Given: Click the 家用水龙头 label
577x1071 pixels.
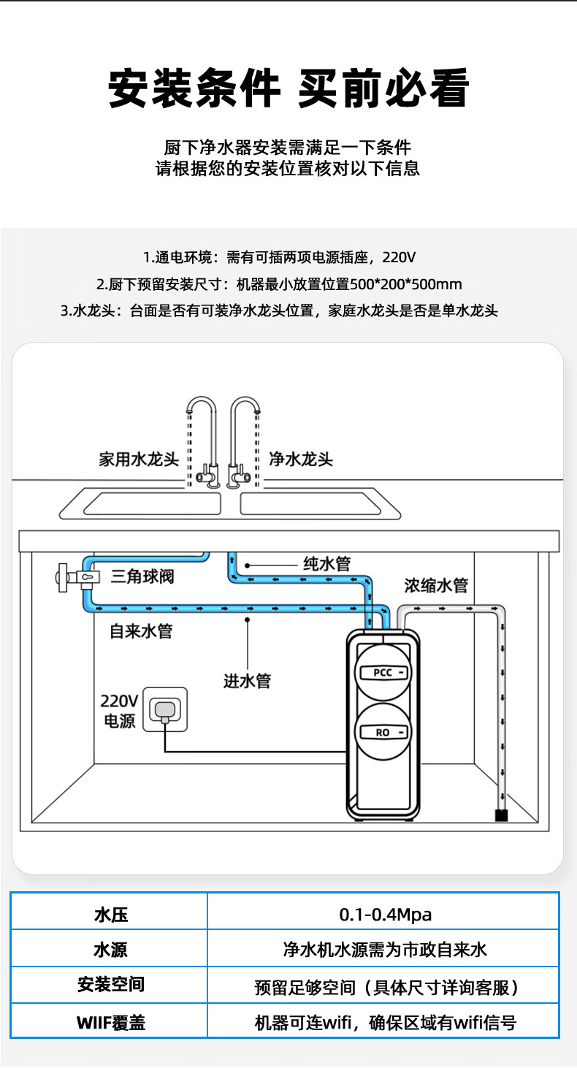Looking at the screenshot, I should tap(139, 460).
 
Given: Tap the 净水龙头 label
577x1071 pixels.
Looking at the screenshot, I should tap(301, 460).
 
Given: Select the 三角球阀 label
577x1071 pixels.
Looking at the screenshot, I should tap(142, 576).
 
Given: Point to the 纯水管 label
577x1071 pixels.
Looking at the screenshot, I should tap(327, 564).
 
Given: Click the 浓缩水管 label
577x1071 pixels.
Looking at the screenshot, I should tap(436, 586).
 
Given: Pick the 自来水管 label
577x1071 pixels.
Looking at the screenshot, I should tap(141, 631).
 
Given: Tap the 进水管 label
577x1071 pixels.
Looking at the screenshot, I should tap(247, 681).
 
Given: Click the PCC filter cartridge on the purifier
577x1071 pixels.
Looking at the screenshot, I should tap(383, 672).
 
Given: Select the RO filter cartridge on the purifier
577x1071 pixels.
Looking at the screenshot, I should tap(383, 732).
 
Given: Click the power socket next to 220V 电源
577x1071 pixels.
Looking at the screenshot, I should tap(164, 710).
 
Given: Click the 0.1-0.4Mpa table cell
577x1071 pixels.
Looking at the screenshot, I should tap(385, 914).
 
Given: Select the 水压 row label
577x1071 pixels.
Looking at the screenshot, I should tap(110, 914).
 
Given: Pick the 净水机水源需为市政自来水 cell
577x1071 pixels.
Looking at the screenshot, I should tap(385, 950).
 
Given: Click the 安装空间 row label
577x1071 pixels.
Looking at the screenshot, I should tap(110, 986).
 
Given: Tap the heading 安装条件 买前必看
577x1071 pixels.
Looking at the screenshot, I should tap(288, 89).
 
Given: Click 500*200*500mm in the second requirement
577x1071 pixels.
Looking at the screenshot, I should tap(410, 284).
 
